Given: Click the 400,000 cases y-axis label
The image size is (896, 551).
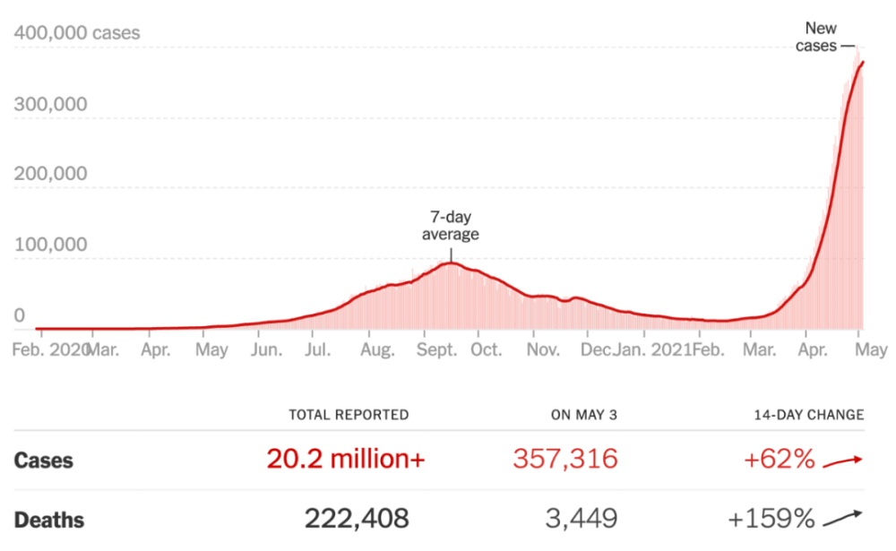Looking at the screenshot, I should coord(77,34).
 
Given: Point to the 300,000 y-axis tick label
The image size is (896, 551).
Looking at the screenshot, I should coord(51,104).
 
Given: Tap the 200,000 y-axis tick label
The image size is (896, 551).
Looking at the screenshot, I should coord(51,174).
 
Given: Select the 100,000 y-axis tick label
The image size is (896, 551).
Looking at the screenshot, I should coord(51,245).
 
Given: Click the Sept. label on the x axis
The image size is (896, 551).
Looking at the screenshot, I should coord(436,349).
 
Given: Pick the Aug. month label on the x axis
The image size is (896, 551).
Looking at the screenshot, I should coord(376,349).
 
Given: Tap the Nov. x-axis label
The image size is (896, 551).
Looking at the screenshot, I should coord(543,349).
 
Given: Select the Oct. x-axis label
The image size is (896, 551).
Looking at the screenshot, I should coord(487,349).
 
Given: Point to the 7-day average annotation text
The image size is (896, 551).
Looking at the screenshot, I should coord(451,226).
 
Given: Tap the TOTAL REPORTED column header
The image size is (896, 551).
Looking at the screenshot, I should coord(349,415).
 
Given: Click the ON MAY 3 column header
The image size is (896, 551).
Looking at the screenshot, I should coord(583,415).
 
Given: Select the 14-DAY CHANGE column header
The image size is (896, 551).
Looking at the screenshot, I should coord(808,415).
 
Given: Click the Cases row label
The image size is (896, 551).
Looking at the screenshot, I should coord(44,461).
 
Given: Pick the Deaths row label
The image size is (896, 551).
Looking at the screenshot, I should coord(49,520).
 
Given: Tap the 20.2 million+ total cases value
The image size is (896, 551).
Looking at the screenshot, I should coord(346,460).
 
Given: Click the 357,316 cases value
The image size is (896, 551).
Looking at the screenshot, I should coord(565,460).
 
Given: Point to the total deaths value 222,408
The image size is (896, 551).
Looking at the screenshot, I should coord(357,518).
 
